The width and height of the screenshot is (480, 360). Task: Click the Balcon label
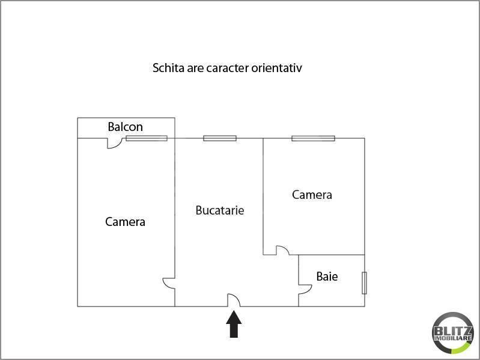click(x=125, y=127)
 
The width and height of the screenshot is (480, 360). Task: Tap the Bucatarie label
click(x=220, y=210)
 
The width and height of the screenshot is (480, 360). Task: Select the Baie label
click(x=327, y=276)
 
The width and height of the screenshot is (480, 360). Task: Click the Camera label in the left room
click(x=125, y=222)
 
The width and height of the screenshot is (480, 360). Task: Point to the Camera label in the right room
click(x=312, y=195)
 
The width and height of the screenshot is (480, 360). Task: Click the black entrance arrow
click(x=234, y=324)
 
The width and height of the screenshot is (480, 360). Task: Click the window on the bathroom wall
click(x=364, y=283)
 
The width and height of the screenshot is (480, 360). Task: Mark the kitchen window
click(x=220, y=138)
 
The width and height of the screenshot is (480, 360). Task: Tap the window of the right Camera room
click(x=313, y=138)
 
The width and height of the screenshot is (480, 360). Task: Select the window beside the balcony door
click(x=147, y=138)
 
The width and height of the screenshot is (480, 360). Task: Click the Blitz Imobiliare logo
click(x=453, y=333)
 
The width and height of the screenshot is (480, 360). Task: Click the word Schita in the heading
click(x=168, y=68)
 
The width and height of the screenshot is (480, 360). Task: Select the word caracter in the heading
click(x=228, y=69)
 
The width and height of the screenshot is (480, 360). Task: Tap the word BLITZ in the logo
click(x=453, y=331)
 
